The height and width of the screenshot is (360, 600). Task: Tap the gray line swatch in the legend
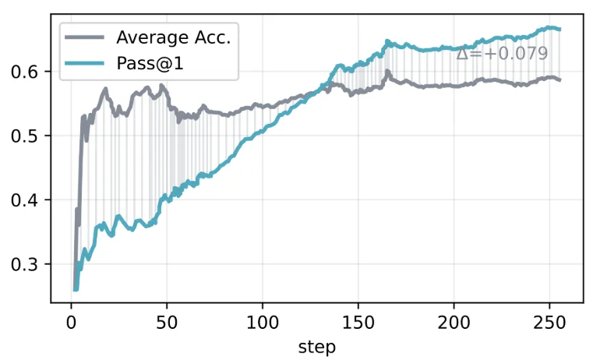pyautogui.click(x=86, y=37)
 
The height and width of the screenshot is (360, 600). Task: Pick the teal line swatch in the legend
pyautogui.click(x=86, y=60)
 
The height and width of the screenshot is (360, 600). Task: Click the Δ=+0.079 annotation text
pyautogui.click(x=502, y=54)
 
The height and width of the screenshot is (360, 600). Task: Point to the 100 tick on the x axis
pyautogui.click(x=262, y=322)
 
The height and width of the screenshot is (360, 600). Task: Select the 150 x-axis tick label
pyautogui.click(x=358, y=322)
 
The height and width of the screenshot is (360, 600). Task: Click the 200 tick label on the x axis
pyautogui.click(x=454, y=322)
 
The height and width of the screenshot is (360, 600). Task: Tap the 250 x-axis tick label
pyautogui.click(x=549, y=322)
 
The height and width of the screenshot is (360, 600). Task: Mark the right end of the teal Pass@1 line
pyautogui.click(x=559, y=30)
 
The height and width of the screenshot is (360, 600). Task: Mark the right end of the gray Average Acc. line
pyautogui.click(x=559, y=79)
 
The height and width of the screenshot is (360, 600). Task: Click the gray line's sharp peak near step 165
pyautogui.click(x=387, y=71)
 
